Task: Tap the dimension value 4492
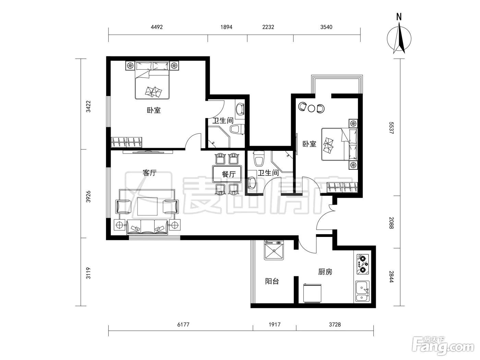[x=157, y=27]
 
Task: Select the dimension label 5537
[x=391, y=128]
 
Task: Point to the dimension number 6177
[x=183, y=325]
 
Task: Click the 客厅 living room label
[x=149, y=173]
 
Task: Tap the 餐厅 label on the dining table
[x=229, y=174]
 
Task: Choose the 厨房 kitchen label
[x=325, y=272]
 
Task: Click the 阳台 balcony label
[x=272, y=281]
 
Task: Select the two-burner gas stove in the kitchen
[x=362, y=264]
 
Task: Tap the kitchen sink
[x=362, y=291]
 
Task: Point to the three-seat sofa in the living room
[x=147, y=227]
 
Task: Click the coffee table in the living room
[x=147, y=206]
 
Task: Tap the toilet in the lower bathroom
[x=259, y=158]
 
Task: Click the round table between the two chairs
[x=311, y=108]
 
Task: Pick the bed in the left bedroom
[x=152, y=80]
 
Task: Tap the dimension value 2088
[x=391, y=223]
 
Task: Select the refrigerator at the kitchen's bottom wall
[x=312, y=293]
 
